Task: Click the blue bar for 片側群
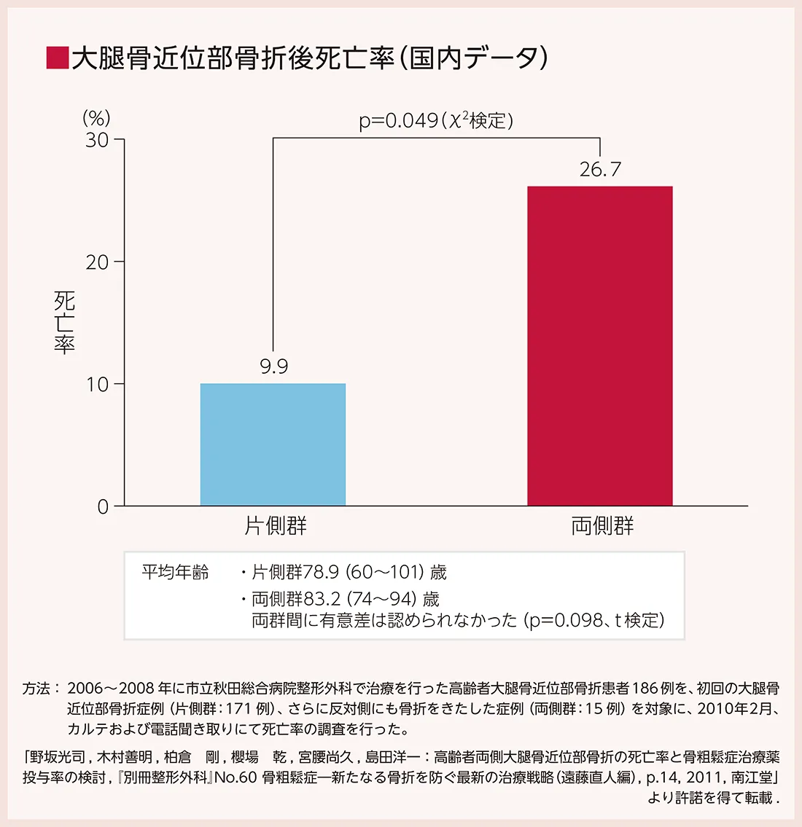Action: click(273, 444)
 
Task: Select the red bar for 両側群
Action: click(599, 346)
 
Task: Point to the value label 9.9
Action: click(274, 367)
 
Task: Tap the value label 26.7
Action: click(600, 170)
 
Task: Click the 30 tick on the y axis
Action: click(97, 139)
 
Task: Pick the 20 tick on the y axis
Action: click(97, 262)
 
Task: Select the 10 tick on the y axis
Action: click(97, 384)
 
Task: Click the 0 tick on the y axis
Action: click(104, 506)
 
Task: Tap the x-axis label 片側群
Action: click(275, 526)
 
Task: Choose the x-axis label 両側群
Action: click(602, 526)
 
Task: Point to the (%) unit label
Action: click(96, 118)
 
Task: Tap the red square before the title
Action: click(57, 58)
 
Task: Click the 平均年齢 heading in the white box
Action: click(175, 573)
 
